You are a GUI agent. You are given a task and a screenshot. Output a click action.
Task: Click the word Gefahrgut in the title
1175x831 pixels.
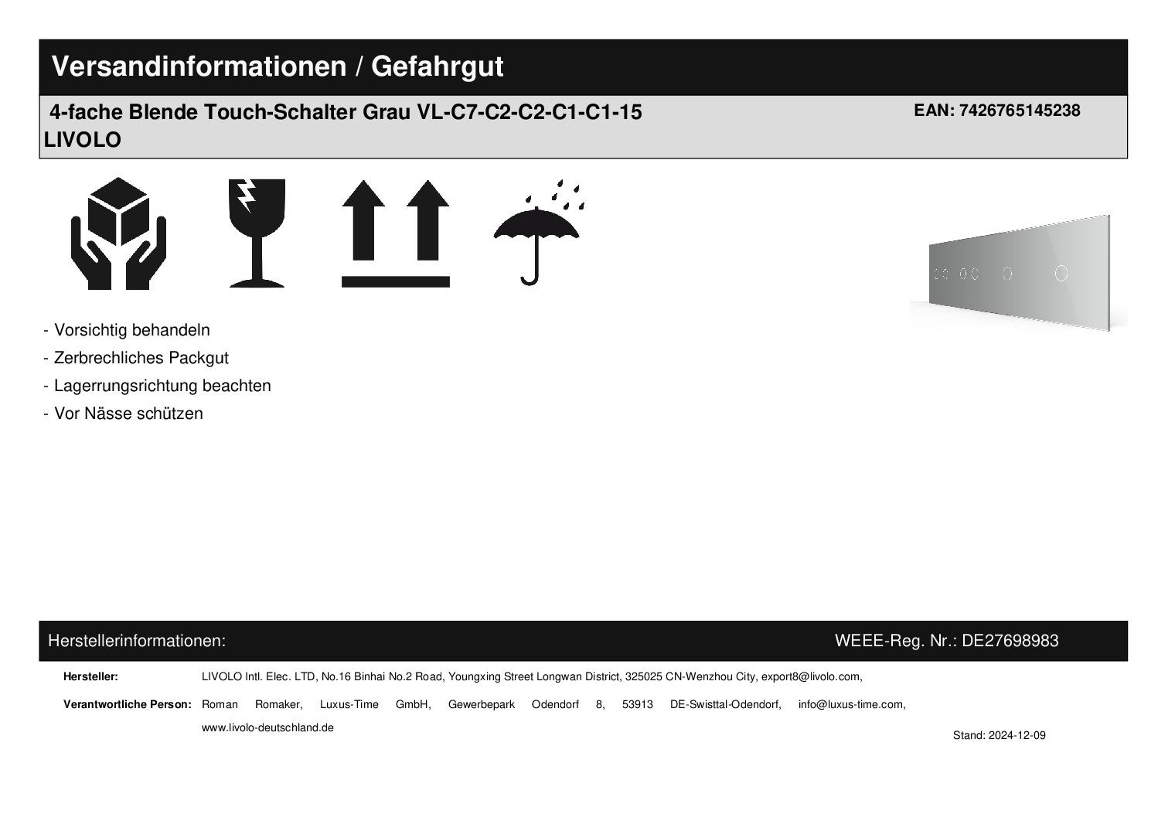point(437,67)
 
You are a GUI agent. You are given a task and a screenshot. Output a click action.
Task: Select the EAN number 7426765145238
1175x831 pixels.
point(1020,111)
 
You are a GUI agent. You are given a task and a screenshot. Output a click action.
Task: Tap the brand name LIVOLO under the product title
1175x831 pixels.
point(83,140)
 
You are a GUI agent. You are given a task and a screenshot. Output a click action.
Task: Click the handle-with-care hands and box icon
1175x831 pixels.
point(118,233)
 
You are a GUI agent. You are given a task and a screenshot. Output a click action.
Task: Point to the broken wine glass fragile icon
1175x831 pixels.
point(257,233)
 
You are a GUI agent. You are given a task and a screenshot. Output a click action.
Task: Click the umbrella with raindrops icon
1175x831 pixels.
point(539,233)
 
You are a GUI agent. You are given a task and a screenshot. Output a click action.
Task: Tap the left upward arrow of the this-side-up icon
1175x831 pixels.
point(363,220)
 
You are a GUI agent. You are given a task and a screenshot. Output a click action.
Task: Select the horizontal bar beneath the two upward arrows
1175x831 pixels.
point(396,281)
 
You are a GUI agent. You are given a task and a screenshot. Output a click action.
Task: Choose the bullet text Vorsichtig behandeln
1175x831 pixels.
point(131,330)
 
